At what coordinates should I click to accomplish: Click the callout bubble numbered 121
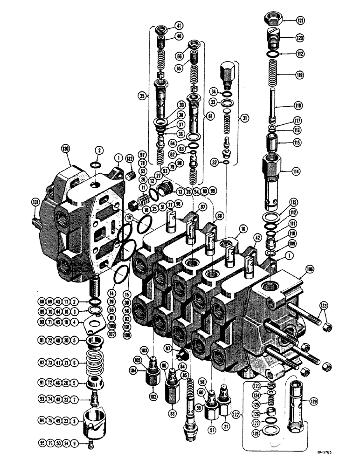click(298, 20)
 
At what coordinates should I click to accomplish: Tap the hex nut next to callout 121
click(272, 19)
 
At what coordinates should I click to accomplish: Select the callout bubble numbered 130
click(64, 149)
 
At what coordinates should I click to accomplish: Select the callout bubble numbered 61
click(209, 116)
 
